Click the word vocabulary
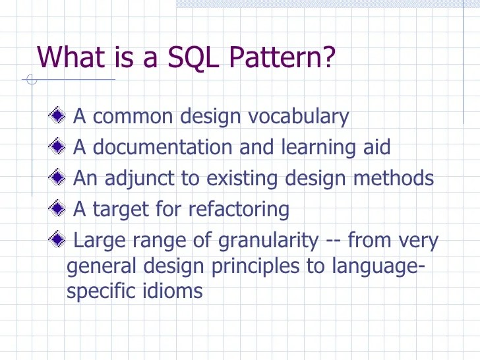pyautogui.click(x=299, y=117)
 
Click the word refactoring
pyautogui.click(x=239, y=209)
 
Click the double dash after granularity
pyautogui.click(x=333, y=241)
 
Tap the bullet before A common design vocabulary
pyautogui.click(x=57, y=117)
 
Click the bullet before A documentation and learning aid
pyautogui.click(x=57, y=146)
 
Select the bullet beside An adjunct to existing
pyautogui.click(x=57, y=177)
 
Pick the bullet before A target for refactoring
pyautogui.click(x=57, y=208)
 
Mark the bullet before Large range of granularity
pyautogui.click(x=57, y=239)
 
